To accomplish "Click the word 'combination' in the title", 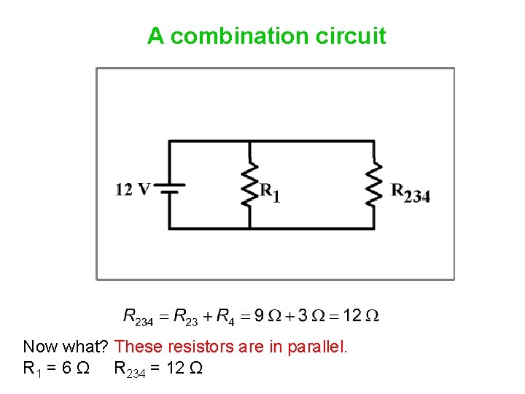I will (x=241, y=36).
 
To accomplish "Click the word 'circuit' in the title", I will (x=351, y=36).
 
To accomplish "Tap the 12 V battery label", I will (x=133, y=190).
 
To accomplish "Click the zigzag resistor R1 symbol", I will (x=250, y=185).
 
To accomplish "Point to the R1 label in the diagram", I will (x=271, y=192).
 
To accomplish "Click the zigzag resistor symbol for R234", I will (x=373, y=185).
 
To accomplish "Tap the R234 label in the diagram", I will (x=411, y=193).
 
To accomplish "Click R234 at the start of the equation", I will (x=139, y=317).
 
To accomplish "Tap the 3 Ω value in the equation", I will (x=314, y=316).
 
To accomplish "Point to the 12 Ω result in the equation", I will (x=361, y=316).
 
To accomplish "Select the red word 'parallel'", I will (x=321, y=347).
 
